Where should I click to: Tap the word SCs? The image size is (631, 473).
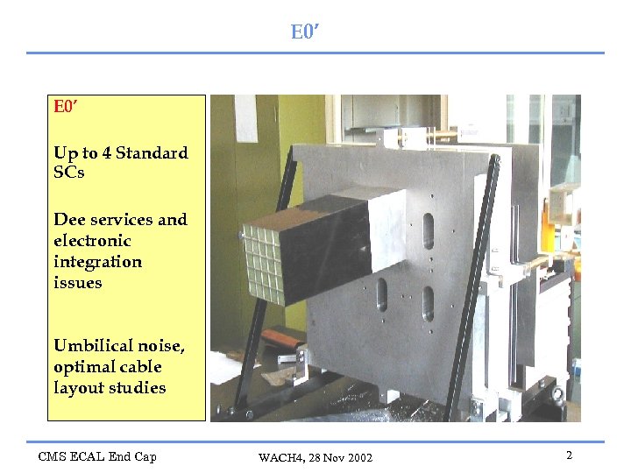pos(69,173)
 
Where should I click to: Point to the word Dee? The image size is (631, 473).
pos(68,220)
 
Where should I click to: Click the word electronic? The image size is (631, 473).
pos(92,241)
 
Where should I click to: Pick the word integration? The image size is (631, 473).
pos(97,263)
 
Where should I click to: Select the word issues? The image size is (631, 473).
pos(78,283)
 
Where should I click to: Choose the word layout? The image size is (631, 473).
pos(78,388)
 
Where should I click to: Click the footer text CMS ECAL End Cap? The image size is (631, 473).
pos(96,456)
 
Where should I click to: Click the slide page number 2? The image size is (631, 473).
pos(569,455)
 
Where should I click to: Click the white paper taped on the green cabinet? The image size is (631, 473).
pos(246,118)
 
